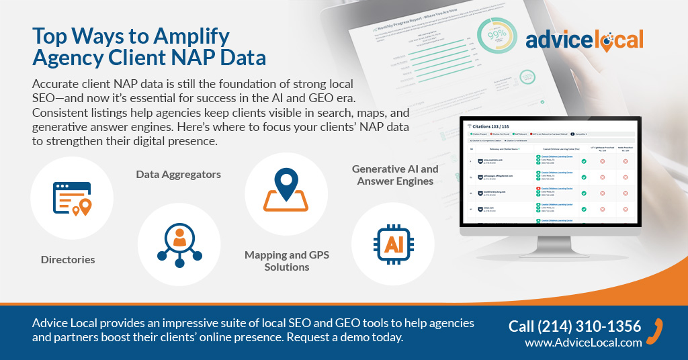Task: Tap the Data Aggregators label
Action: tap(178, 175)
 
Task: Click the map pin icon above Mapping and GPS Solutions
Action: tap(286, 191)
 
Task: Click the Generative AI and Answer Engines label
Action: tap(395, 175)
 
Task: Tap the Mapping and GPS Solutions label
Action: tap(286, 261)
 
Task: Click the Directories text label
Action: tap(68, 259)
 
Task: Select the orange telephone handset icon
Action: tap(659, 329)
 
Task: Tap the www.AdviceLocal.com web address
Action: tap(583, 343)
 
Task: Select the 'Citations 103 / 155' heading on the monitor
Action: tap(497, 126)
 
